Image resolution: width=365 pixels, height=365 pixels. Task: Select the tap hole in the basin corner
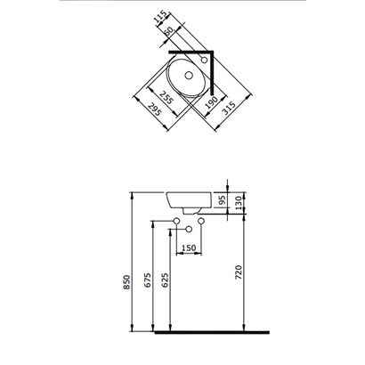pos(205,60)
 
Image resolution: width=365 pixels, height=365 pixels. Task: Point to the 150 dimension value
pos(189,248)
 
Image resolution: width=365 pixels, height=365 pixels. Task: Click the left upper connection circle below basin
pos(177,221)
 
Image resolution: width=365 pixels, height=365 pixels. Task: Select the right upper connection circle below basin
pos(201,221)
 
